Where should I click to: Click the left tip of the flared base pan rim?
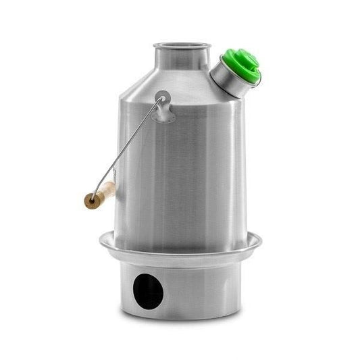coord(100,238)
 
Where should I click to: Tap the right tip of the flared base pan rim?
coord(261,238)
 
